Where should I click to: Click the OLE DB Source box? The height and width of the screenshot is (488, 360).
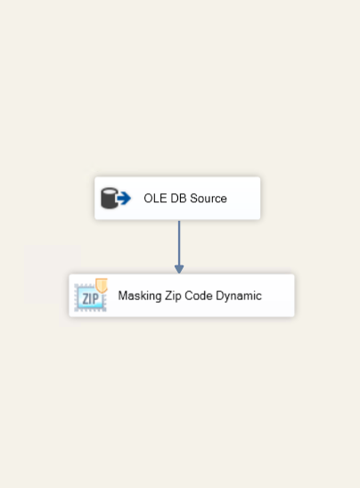pyautogui.click(x=177, y=199)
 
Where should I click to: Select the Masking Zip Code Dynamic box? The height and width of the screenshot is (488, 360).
pyautogui.click(x=182, y=296)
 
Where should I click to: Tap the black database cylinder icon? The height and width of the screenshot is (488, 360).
pyautogui.click(x=110, y=199)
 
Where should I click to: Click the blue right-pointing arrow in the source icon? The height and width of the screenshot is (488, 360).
pyautogui.click(x=124, y=199)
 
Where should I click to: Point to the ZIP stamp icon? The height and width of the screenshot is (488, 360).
pyautogui.click(x=91, y=296)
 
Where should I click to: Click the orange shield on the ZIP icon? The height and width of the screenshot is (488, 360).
pyautogui.click(x=102, y=285)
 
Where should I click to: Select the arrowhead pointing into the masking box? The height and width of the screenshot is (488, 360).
pyautogui.click(x=179, y=269)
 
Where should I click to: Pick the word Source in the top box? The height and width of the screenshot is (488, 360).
pyautogui.click(x=209, y=199)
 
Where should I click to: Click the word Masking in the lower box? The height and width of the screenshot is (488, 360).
pyautogui.click(x=140, y=296)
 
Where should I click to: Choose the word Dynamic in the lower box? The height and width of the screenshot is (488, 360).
pyautogui.click(x=239, y=296)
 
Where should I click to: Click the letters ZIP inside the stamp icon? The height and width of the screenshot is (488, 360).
pyautogui.click(x=90, y=299)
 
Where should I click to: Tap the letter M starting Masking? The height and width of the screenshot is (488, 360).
pyautogui.click(x=123, y=296)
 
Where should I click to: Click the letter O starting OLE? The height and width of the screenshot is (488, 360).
pyautogui.click(x=149, y=199)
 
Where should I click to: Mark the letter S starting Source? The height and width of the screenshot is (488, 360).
pyautogui.click(x=193, y=199)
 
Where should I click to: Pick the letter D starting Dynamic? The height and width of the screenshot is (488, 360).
pyautogui.click(x=220, y=296)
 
